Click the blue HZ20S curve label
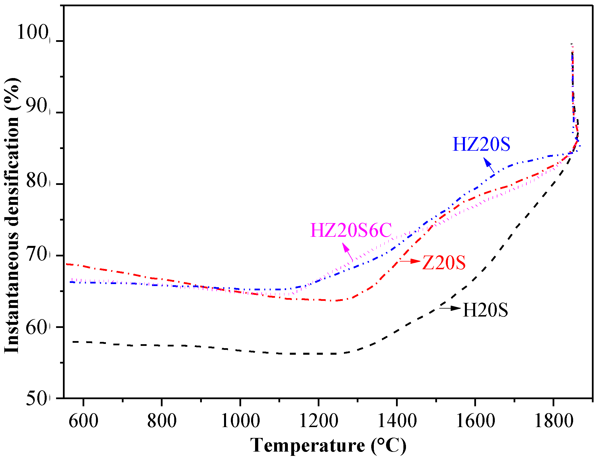pyautogui.click(x=481, y=144)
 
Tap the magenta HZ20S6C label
pyautogui.click(x=351, y=230)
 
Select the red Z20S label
pyautogui.click(x=444, y=262)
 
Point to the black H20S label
pyautogui.click(x=485, y=310)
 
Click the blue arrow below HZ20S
pyautogui.click(x=489, y=166)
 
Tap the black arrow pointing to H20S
pyautogui.click(x=450, y=308)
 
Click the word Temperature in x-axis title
pyautogui.click(x=308, y=445)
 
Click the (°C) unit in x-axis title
pyautogui.click(x=388, y=445)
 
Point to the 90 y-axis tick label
pyautogui.click(x=36, y=106)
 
